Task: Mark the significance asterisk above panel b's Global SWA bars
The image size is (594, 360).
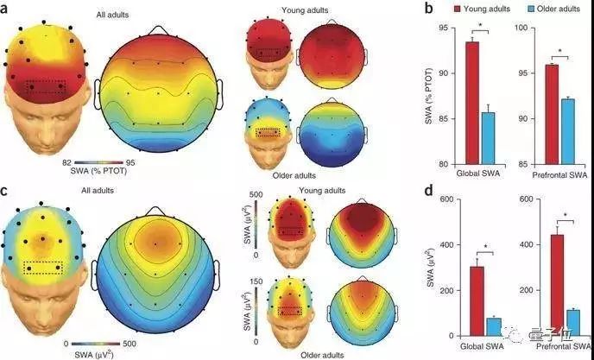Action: tap(480, 33)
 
